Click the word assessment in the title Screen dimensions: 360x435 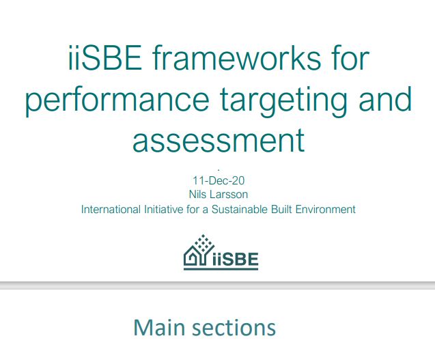click(x=218, y=140)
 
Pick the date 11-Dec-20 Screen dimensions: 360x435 click(x=218, y=181)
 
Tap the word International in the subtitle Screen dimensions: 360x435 click(x=108, y=209)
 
